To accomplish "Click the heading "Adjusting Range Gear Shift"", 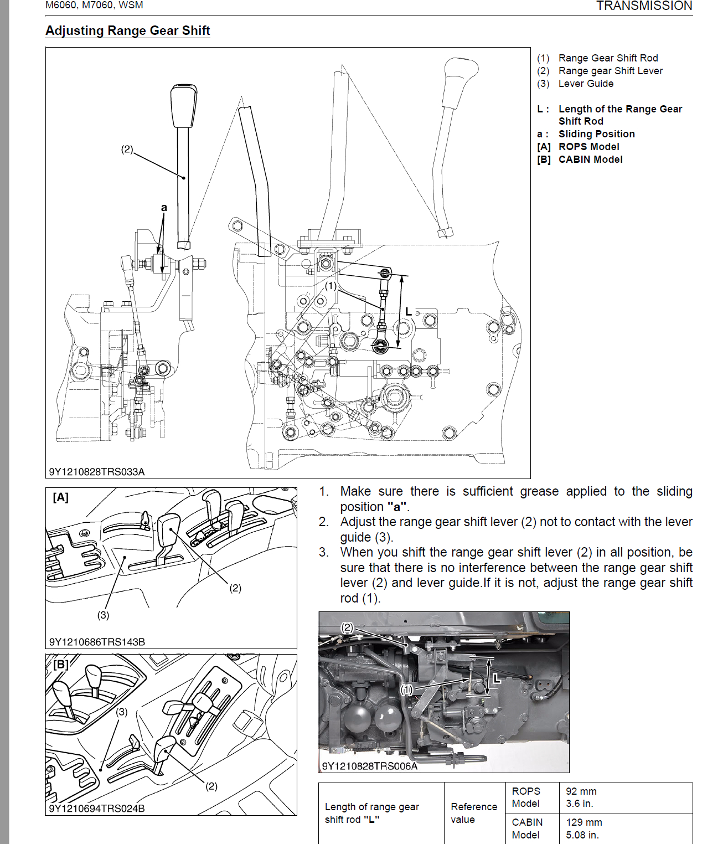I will (x=127, y=31).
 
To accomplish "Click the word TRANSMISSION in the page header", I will (x=644, y=6).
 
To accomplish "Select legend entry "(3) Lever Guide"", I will (x=575, y=84).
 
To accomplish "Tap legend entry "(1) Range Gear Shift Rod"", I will (x=597, y=58).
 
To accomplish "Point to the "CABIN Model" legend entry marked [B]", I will (x=580, y=159).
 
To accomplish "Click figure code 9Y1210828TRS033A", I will (x=97, y=472).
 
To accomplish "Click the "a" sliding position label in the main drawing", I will (x=164, y=208).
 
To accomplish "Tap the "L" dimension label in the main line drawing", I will (x=409, y=312).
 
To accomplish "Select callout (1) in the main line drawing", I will (x=330, y=286).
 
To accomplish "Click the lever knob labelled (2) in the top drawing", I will (x=183, y=105).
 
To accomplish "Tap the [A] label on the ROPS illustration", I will (x=60, y=497).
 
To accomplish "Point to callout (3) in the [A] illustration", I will (x=104, y=615).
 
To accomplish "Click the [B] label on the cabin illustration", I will (x=60, y=664).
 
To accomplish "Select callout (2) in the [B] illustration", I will (x=211, y=786).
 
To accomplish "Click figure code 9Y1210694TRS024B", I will (x=97, y=809).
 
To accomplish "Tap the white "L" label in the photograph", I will (x=497, y=678).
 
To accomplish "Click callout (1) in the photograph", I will (x=407, y=689).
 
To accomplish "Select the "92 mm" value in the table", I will (x=581, y=791).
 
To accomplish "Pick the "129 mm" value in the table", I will (x=584, y=822).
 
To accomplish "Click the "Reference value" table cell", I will (x=474, y=813).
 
